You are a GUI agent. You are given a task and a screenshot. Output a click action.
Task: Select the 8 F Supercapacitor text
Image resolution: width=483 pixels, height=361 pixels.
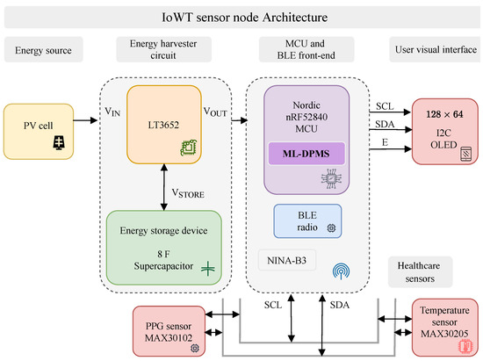[165, 256]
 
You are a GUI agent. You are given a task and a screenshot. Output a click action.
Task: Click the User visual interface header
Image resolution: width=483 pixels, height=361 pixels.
[435, 51]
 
